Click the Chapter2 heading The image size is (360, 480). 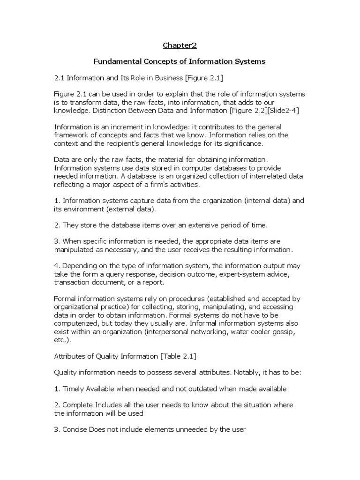(x=180, y=45)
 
